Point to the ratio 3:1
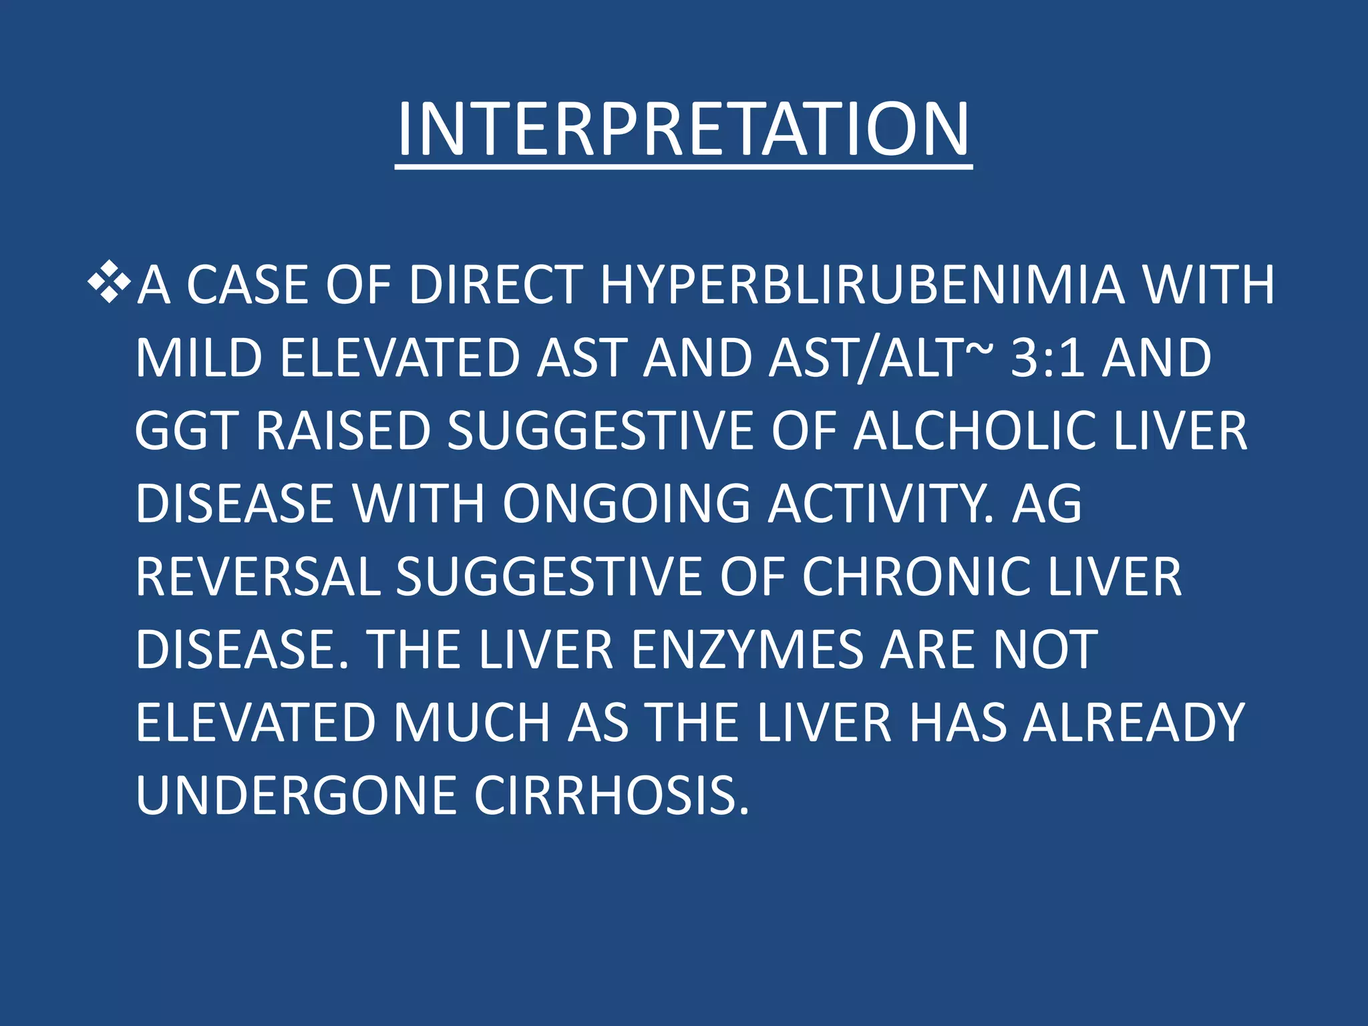click(x=1047, y=358)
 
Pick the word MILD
click(x=199, y=358)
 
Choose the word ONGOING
click(x=627, y=504)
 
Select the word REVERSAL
click(x=257, y=577)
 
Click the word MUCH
click(x=471, y=723)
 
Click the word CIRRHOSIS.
click(x=612, y=796)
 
